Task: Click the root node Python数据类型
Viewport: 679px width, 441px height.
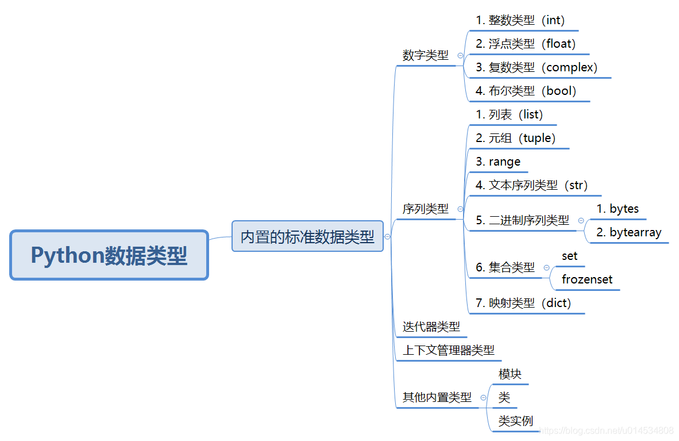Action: click(x=109, y=255)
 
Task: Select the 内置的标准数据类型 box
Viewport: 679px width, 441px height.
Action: click(x=307, y=236)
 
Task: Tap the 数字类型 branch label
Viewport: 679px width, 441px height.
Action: click(x=426, y=56)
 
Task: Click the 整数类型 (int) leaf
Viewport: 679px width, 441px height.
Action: click(x=520, y=20)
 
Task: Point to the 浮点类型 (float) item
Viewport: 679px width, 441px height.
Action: click(x=526, y=44)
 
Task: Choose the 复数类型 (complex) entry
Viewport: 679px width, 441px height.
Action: click(x=537, y=67)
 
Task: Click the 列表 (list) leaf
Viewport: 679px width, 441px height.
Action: click(x=510, y=114)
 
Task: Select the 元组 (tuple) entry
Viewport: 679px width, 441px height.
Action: click(x=516, y=138)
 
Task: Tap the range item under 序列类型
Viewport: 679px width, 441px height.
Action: click(x=498, y=162)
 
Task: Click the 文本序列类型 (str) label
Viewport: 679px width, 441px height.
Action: click(x=531, y=185)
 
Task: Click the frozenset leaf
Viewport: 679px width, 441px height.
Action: click(x=587, y=279)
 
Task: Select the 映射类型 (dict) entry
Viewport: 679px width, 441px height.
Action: click(x=523, y=303)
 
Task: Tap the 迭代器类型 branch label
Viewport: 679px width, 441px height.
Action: click(x=431, y=327)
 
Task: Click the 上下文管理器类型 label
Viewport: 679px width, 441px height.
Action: click(x=449, y=350)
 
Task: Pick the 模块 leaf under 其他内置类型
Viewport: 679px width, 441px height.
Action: click(x=510, y=374)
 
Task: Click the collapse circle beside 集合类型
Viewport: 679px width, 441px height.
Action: click(x=546, y=267)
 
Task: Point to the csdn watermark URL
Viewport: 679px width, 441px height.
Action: click(x=608, y=431)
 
